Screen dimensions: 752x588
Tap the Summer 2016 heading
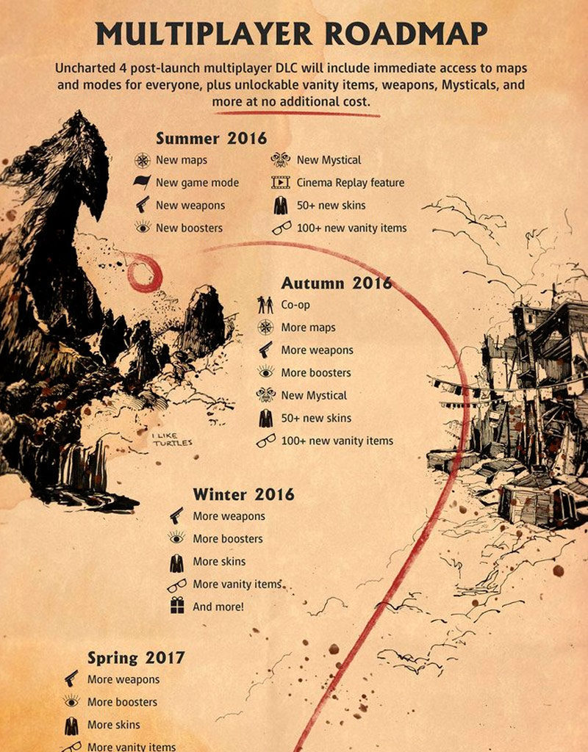(211, 137)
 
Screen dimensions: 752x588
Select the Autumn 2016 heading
(337, 283)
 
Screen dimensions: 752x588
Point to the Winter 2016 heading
(243, 494)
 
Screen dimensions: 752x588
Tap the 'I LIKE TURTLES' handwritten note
(171, 440)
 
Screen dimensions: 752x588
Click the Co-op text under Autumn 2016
(295, 305)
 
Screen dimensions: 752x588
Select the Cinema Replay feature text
(350, 182)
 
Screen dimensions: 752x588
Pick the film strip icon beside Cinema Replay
(281, 182)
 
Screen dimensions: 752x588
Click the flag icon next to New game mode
(142, 182)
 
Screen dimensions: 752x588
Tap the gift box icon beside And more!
(176, 606)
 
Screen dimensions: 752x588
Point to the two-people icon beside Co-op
(265, 305)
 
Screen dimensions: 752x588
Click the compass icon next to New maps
(142, 159)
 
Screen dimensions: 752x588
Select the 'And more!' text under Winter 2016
(218, 607)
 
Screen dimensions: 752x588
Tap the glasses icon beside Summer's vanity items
(281, 228)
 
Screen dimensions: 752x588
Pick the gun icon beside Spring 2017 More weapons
(71, 679)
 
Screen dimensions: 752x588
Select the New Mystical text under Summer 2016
(329, 159)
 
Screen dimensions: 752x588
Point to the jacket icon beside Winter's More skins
(176, 562)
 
